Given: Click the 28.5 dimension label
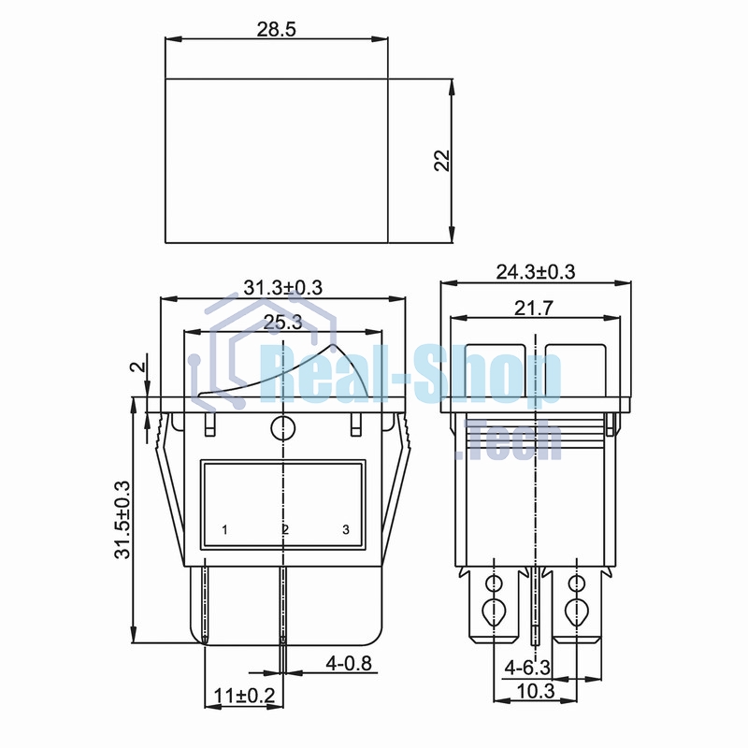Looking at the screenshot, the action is pos(276,29).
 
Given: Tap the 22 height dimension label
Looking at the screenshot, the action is pos(442,161).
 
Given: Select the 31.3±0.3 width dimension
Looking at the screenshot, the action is pos(283,288).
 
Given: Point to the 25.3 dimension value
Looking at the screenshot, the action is pos(283,323).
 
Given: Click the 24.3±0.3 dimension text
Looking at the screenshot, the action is pos(536,272).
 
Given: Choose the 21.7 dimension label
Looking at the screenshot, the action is pos(533,309).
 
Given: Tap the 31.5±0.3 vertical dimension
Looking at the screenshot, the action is pos(122,520).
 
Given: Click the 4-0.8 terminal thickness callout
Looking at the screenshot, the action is pos(348,663).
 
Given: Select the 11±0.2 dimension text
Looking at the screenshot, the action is pos(244,696).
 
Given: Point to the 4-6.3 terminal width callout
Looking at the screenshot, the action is pos(527,668).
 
